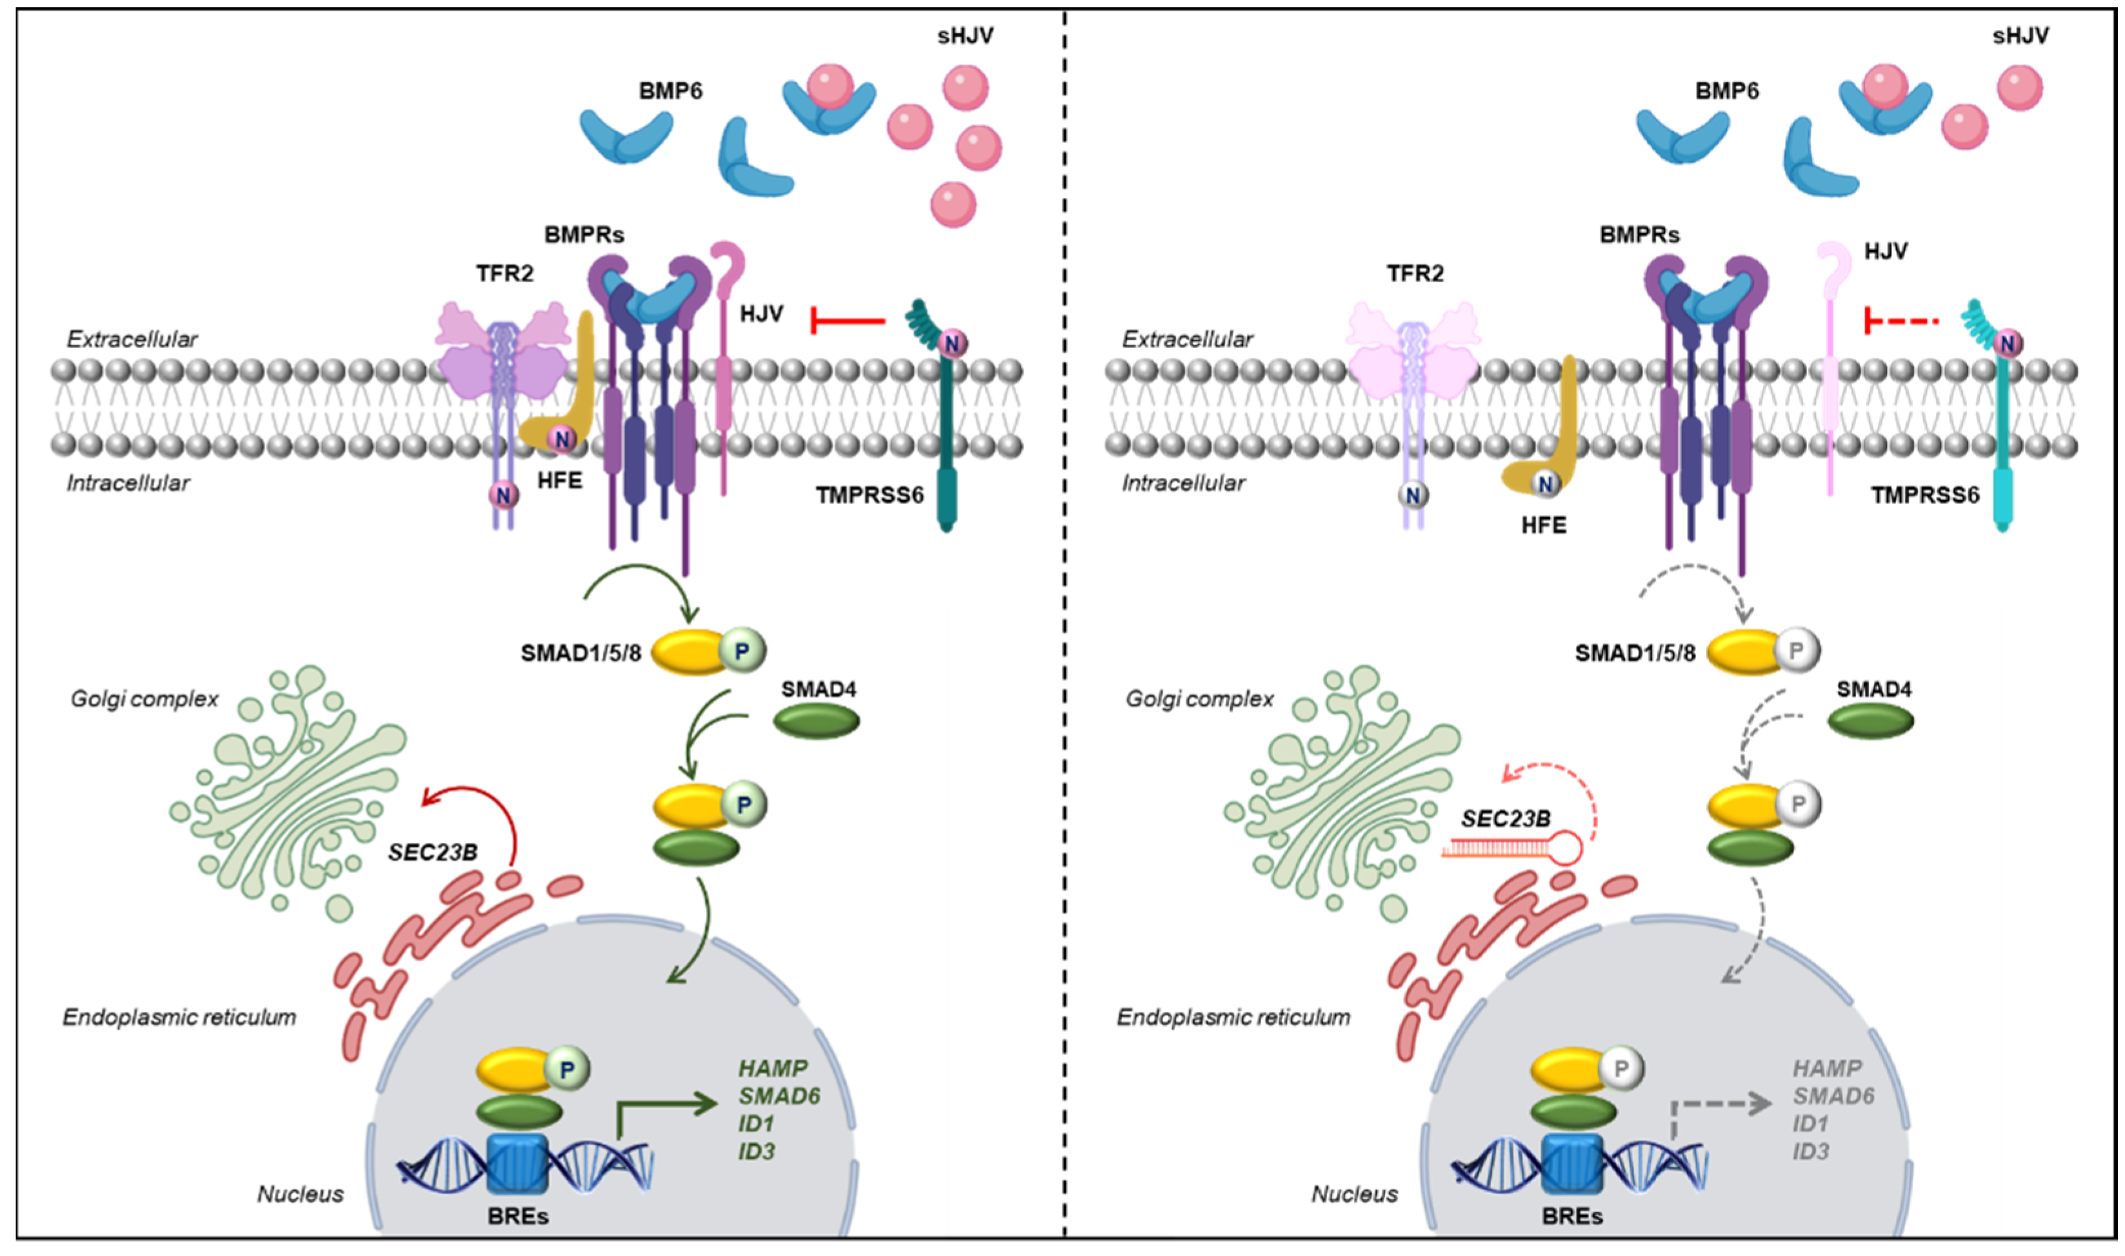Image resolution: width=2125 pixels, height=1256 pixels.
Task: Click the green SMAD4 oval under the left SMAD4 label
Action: tap(817, 721)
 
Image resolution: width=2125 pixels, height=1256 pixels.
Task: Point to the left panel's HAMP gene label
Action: tap(773, 1068)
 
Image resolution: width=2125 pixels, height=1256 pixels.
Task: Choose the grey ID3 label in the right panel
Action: tap(1810, 1151)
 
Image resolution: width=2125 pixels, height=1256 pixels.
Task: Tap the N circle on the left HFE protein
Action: tap(561, 438)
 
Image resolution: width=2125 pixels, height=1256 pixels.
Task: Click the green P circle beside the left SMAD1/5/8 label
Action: tap(743, 651)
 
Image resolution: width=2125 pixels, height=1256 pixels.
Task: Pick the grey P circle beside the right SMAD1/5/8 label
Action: tap(1797, 651)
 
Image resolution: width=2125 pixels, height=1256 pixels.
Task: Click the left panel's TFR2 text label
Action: tap(504, 273)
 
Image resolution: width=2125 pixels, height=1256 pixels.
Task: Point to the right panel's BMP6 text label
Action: tap(1726, 90)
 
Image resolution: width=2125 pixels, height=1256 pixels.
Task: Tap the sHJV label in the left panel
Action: tap(965, 35)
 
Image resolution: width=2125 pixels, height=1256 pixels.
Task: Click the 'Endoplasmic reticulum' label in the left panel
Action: tap(179, 1017)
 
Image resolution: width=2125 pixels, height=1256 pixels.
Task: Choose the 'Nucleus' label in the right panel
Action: tap(1355, 1194)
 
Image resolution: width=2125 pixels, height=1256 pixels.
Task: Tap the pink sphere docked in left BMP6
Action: tap(830, 86)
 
